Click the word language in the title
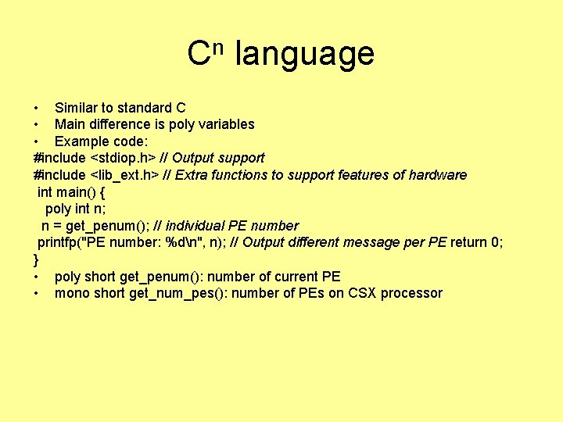pos(305,55)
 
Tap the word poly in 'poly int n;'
pos(58,209)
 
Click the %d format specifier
pos(181,242)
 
